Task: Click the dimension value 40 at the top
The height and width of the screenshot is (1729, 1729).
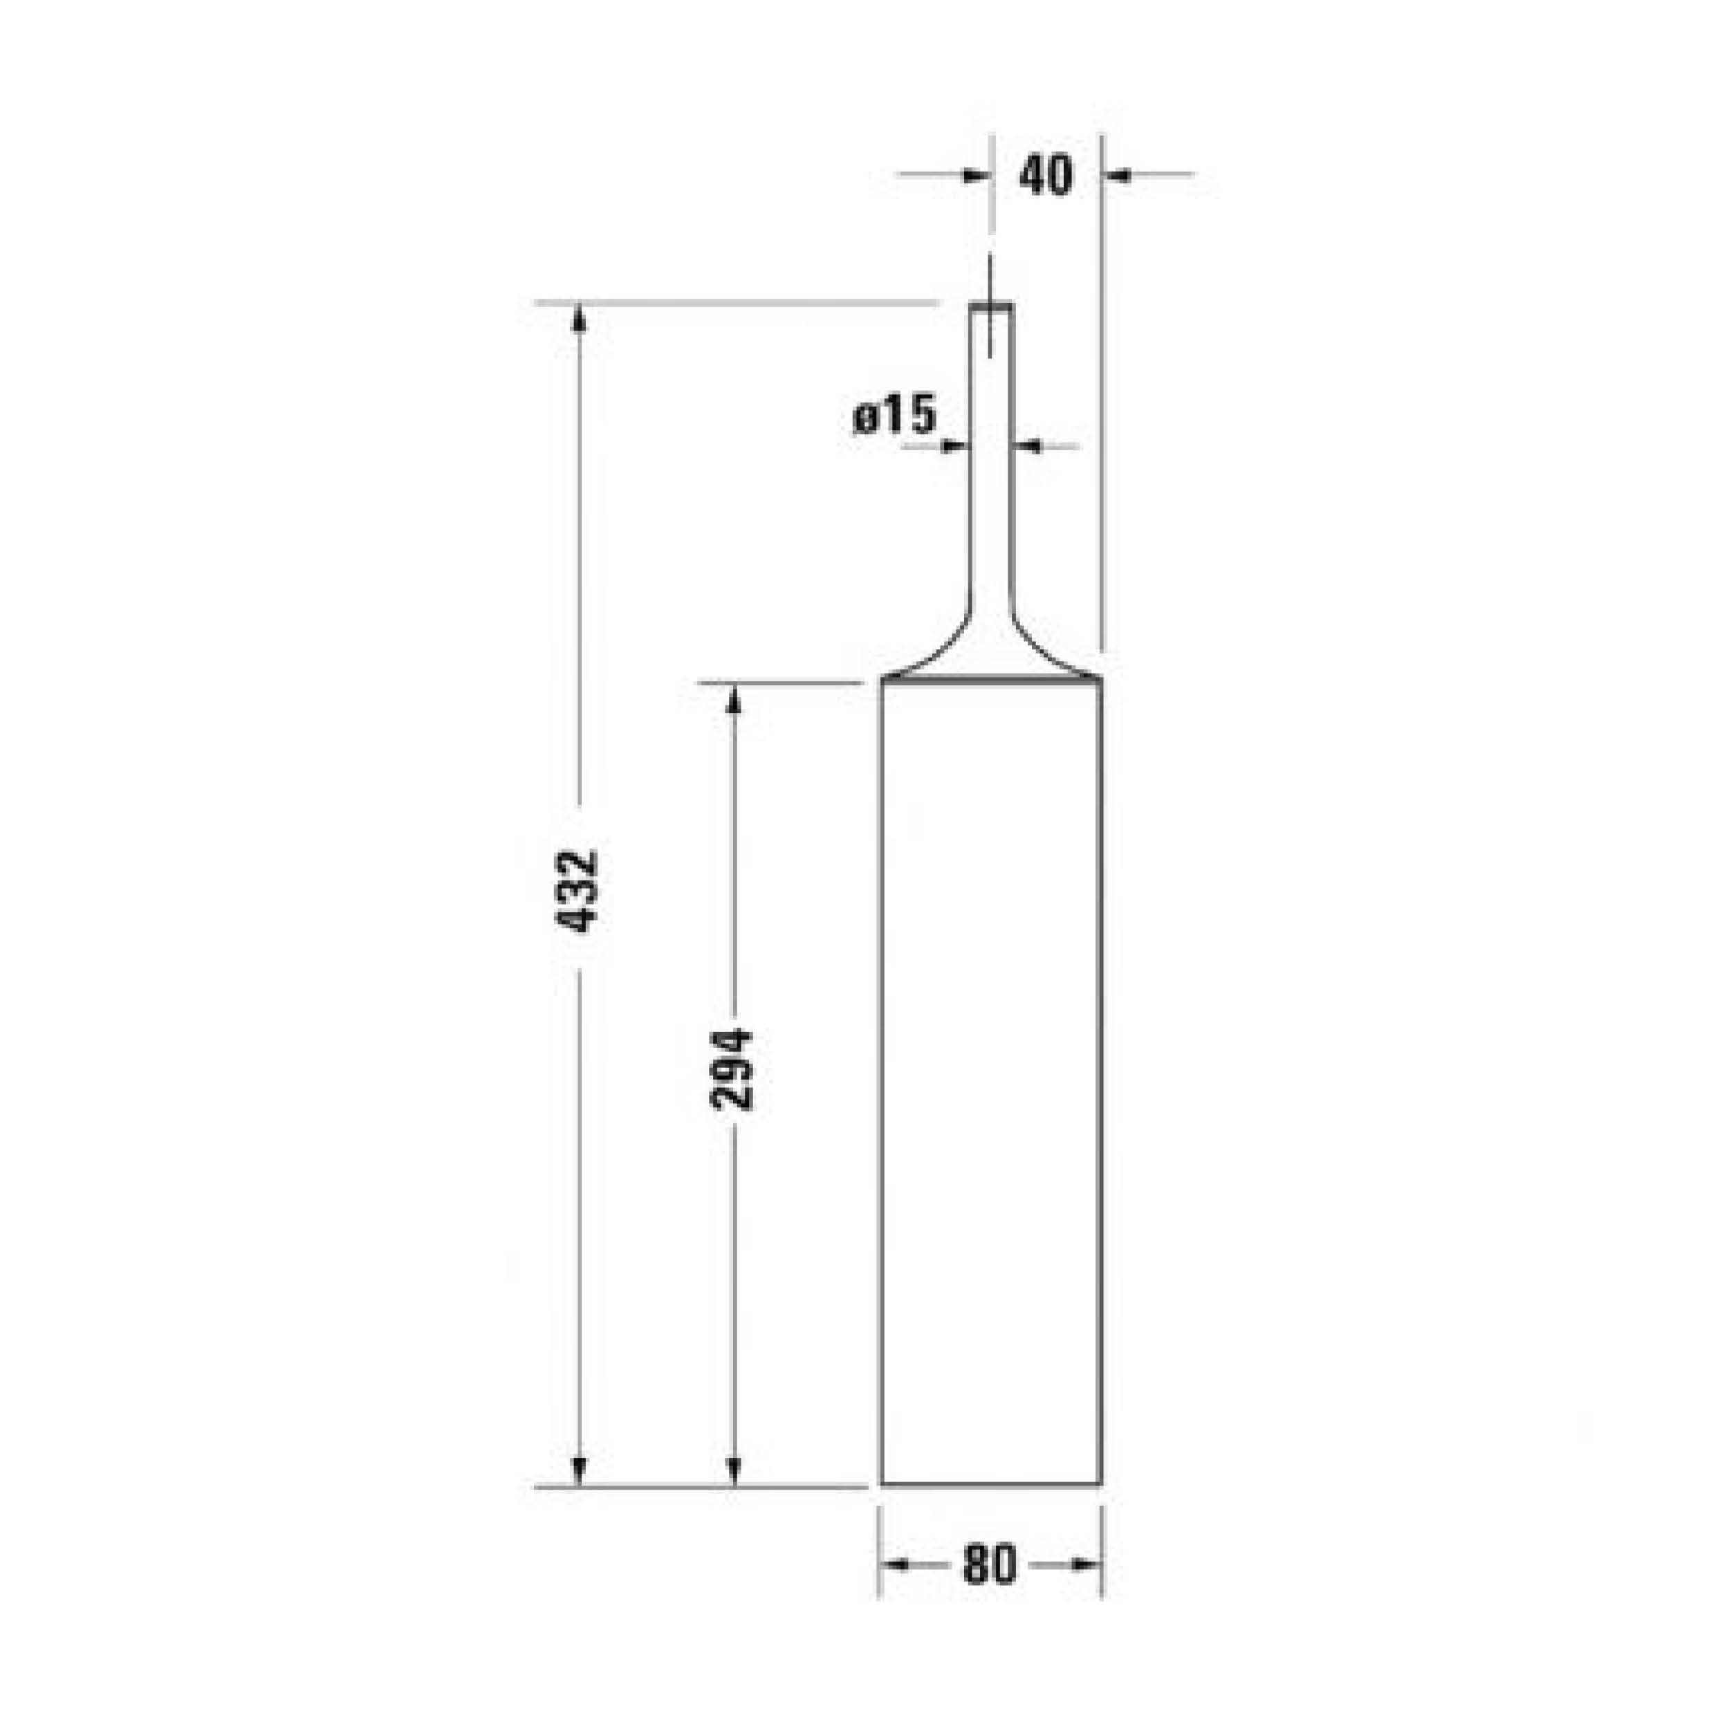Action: (1045, 176)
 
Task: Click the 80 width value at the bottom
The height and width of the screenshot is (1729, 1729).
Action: (990, 1565)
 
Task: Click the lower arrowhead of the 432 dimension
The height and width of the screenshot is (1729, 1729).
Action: (579, 1471)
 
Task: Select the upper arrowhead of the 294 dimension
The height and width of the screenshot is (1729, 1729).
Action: (734, 699)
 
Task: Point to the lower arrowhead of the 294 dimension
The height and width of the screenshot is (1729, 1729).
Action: (734, 1471)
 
